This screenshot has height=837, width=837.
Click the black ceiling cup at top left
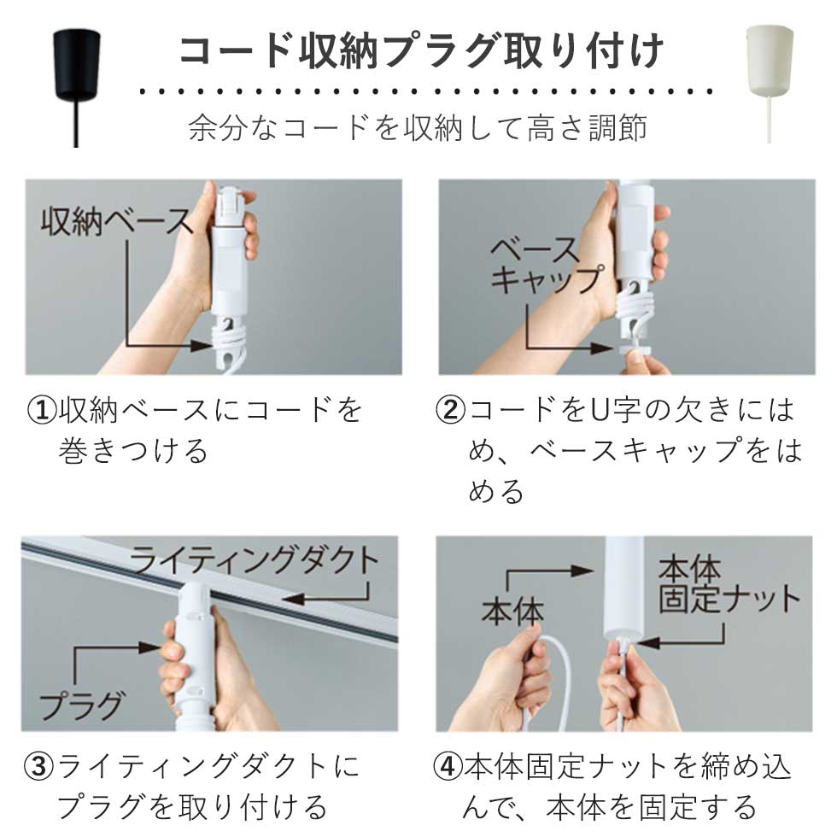click(76, 64)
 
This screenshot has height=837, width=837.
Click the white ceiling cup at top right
click(769, 61)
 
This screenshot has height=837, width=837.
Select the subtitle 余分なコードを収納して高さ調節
click(418, 127)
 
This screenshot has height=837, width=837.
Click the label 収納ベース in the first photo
click(117, 222)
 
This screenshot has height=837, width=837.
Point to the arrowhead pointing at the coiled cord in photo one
click(203, 345)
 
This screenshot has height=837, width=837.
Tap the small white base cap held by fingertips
click(636, 349)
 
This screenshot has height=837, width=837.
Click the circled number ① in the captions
click(42, 410)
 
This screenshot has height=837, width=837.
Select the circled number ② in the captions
click(451, 410)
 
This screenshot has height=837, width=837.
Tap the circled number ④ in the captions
click(448, 767)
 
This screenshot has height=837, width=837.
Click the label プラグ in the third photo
click(81, 705)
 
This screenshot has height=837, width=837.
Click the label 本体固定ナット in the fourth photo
click(729, 585)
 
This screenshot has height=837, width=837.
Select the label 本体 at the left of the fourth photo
click(512, 612)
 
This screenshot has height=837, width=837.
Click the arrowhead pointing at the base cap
click(602, 348)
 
